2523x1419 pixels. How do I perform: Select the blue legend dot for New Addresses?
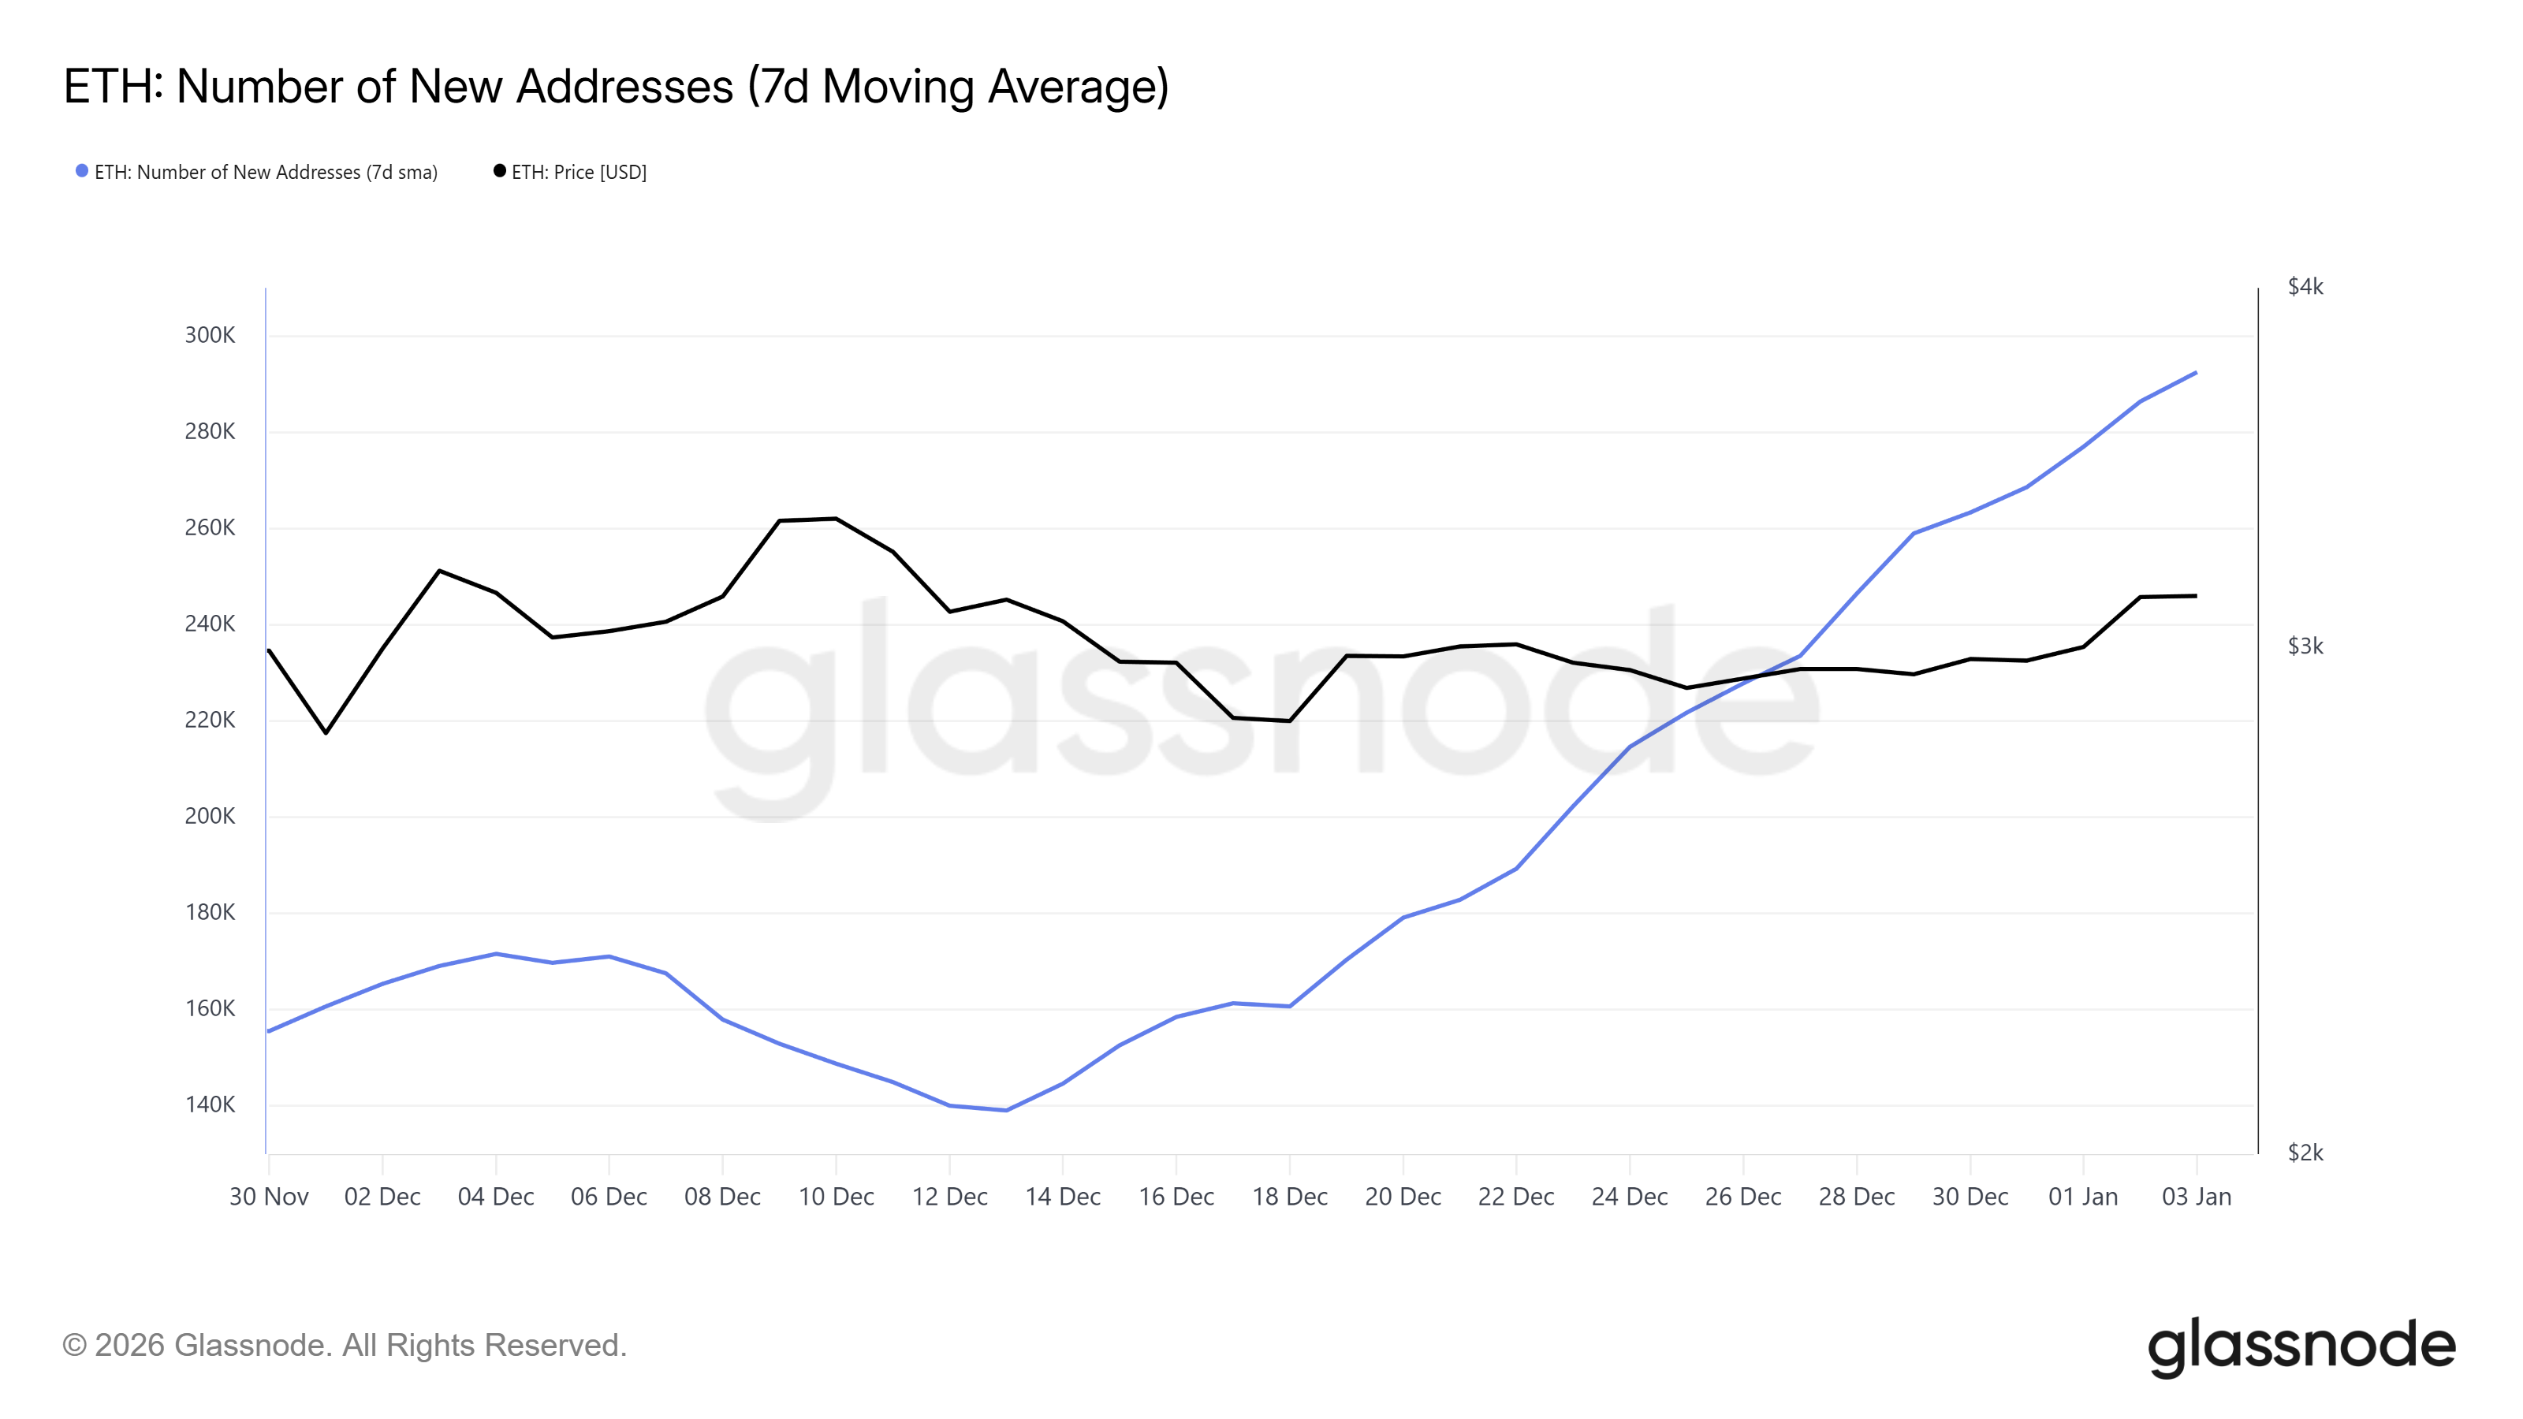(82, 171)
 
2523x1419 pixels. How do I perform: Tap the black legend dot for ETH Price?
(500, 171)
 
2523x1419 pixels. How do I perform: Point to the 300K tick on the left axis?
(210, 335)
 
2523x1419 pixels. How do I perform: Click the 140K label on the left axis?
(210, 1104)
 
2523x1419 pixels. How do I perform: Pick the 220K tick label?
(210, 720)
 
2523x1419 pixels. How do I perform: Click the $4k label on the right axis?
(2305, 287)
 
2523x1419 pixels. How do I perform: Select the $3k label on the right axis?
(2305, 646)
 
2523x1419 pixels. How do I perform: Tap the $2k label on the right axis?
(2305, 1153)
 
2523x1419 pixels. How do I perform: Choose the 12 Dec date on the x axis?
(949, 1197)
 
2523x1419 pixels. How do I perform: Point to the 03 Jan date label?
(2196, 1197)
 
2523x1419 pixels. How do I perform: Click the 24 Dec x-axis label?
(1629, 1197)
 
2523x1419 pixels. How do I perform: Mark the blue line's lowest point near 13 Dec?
(1006, 1111)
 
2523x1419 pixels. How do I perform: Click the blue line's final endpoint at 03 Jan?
(2196, 372)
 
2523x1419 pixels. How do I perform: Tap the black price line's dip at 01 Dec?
(326, 732)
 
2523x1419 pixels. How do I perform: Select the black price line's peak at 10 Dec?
(836, 518)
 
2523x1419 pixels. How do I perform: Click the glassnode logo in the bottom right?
(2301, 1346)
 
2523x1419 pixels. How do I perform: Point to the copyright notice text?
(344, 1346)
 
